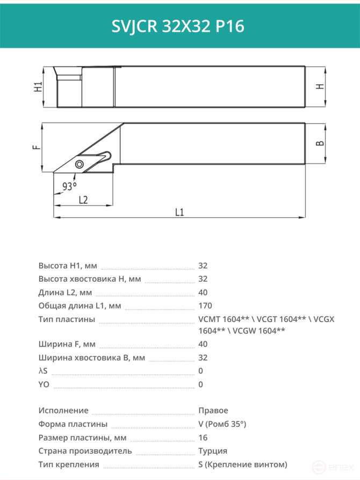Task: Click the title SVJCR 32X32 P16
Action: [178, 26]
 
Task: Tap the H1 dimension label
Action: [38, 87]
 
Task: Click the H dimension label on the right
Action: [320, 87]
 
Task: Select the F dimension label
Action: [37, 147]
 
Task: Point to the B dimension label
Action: [320, 144]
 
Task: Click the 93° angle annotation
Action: [69, 186]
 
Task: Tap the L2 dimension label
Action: [83, 200]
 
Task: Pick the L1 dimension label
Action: [179, 212]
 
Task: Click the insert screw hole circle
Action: [80, 164]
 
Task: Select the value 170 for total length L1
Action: [205, 306]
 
